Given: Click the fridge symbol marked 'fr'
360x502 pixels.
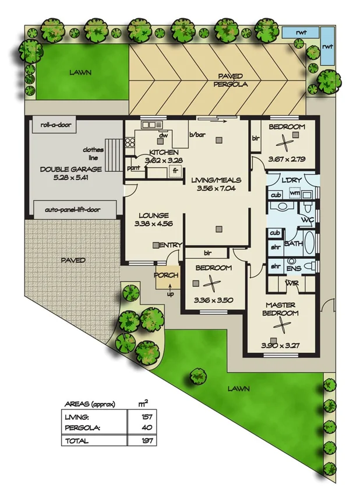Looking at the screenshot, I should point(174,171).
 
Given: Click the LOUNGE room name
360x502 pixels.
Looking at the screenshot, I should point(154,215).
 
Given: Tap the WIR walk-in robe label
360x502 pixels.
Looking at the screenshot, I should point(291,283).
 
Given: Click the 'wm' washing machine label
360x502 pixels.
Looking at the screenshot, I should point(295,194).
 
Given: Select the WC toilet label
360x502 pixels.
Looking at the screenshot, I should point(308,220).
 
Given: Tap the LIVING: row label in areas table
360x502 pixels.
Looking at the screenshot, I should point(77,416).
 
